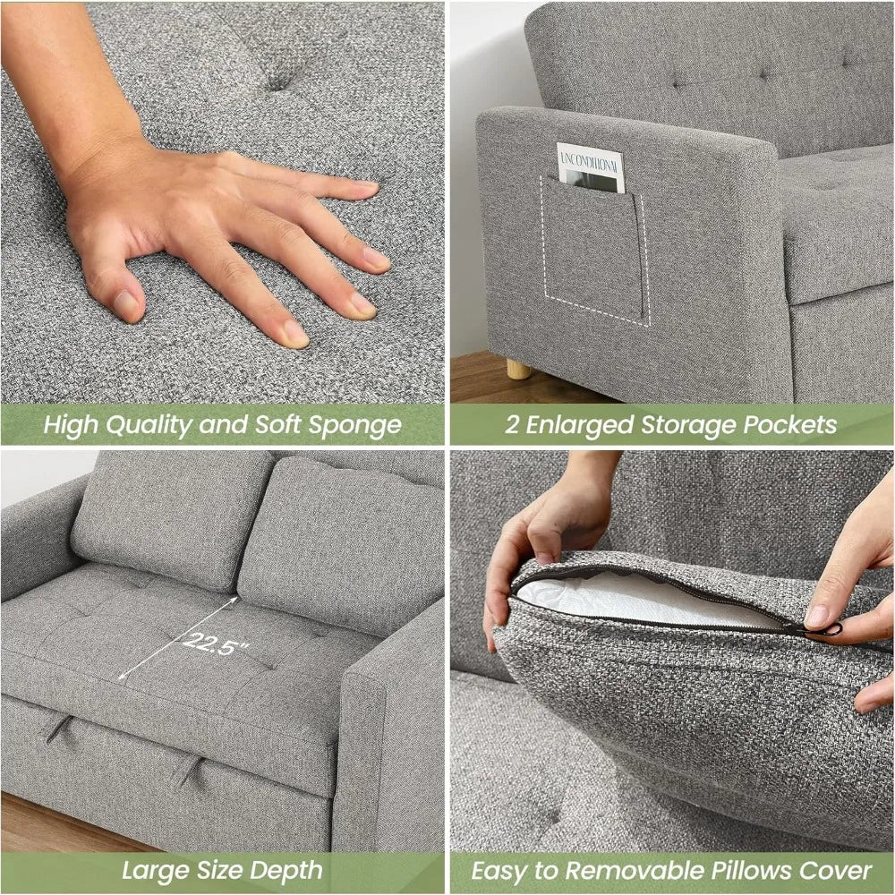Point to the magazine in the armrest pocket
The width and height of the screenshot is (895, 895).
pos(590,166)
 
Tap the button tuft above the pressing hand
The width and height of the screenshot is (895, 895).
pos(279,81)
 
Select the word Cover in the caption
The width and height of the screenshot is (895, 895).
pos(838,869)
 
